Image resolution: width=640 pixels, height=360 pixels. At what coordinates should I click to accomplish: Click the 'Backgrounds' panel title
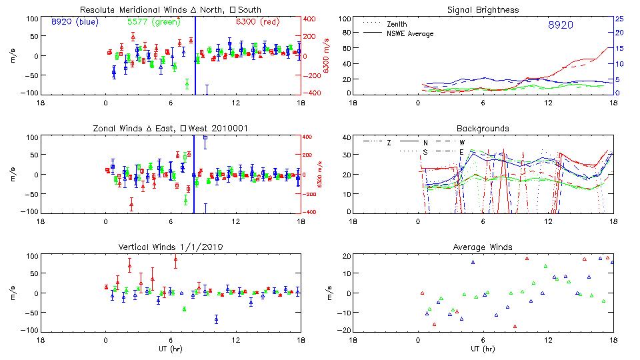(483, 128)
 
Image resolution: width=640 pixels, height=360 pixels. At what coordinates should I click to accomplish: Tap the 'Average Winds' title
(483, 247)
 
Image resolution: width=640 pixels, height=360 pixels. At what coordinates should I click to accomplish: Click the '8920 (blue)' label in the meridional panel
(75, 21)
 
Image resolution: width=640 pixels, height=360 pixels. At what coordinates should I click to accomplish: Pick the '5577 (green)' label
(153, 21)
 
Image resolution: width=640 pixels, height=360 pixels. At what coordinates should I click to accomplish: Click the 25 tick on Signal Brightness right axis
(619, 19)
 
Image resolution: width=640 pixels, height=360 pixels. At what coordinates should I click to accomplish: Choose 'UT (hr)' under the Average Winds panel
(483, 349)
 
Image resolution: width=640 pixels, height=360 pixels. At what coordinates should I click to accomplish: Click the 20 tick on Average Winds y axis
(345, 257)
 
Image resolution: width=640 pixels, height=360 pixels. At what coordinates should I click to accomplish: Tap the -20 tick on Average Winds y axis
(344, 330)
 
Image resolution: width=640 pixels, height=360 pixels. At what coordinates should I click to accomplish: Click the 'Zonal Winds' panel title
(170, 128)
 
